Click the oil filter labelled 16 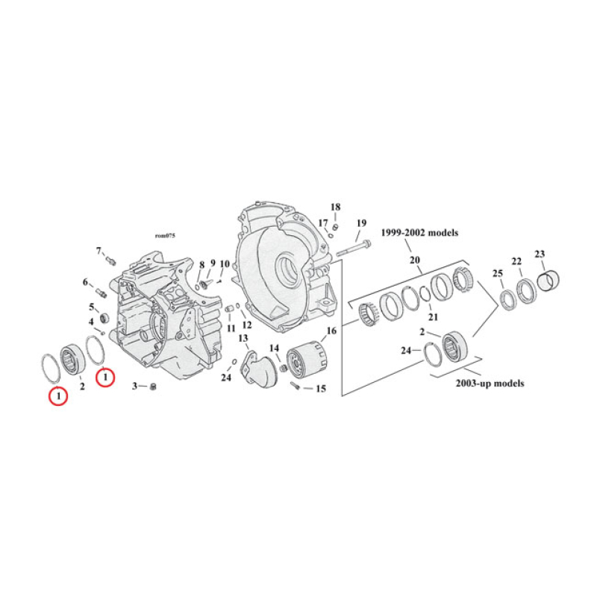(307, 362)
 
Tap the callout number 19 (361, 223)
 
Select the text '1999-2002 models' (419, 233)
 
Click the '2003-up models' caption (490, 384)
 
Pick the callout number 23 (540, 254)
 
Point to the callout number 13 (243, 339)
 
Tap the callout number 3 (136, 386)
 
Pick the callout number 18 (335, 207)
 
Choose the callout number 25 (498, 275)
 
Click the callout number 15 (322, 389)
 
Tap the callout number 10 (225, 263)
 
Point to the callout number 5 (93, 307)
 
